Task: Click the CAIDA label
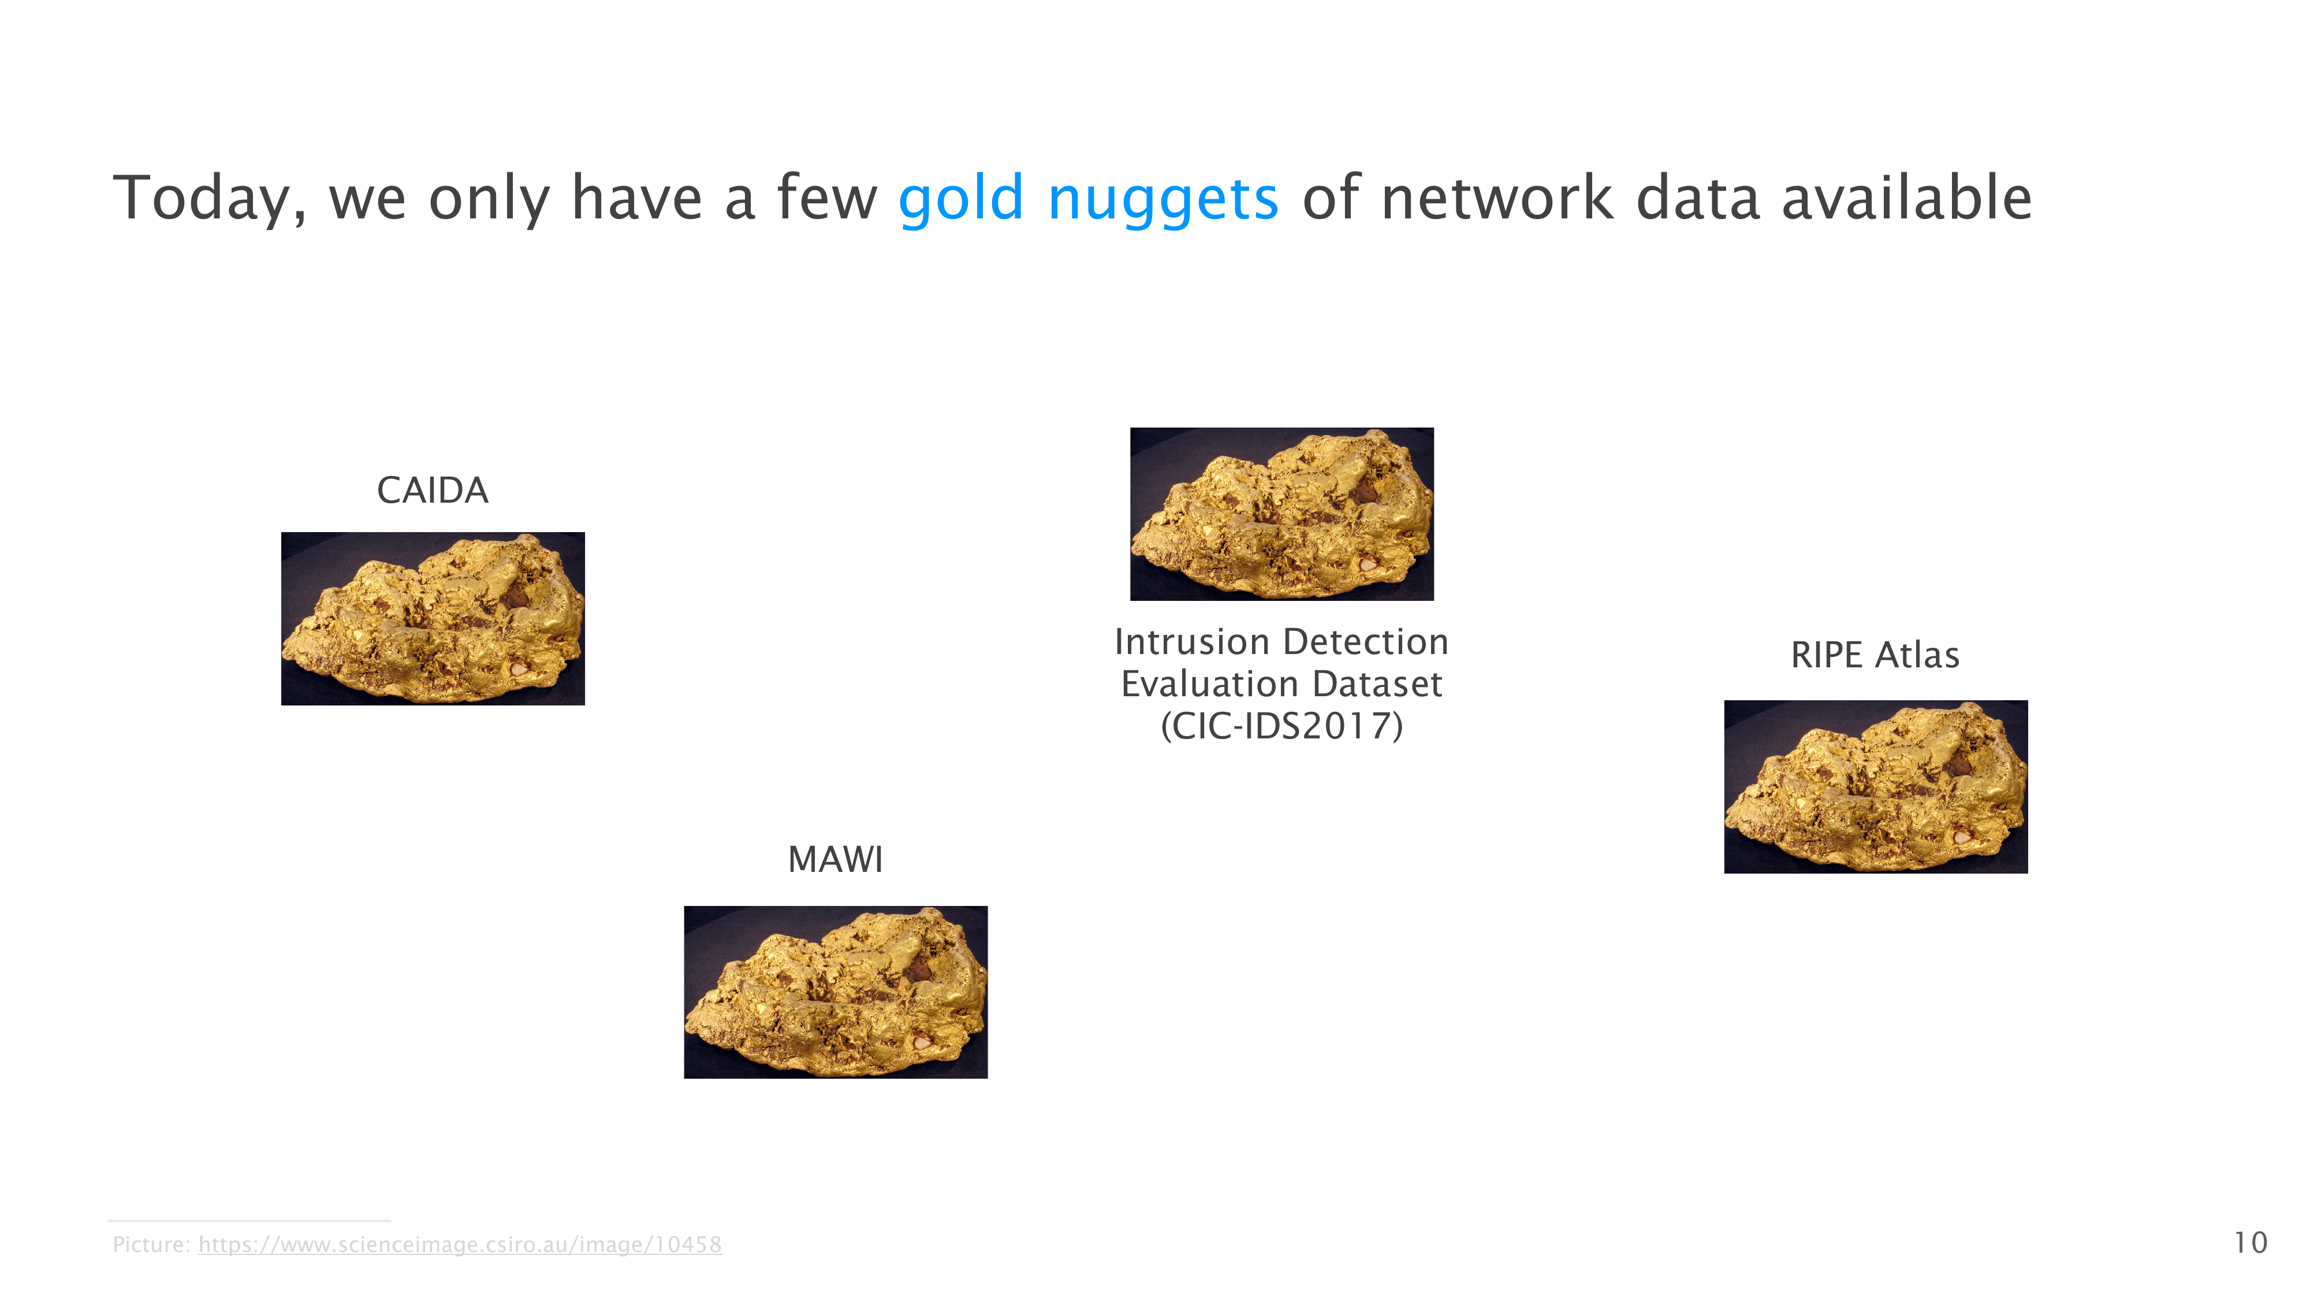(x=432, y=490)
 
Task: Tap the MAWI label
(x=835, y=860)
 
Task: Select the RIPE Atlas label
(x=1875, y=655)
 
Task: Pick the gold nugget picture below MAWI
(x=836, y=992)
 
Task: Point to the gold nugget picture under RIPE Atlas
(x=1876, y=787)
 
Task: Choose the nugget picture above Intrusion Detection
(x=1281, y=514)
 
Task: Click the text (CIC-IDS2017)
(x=1281, y=726)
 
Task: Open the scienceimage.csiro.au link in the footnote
(x=460, y=1245)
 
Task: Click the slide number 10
(x=2250, y=1243)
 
